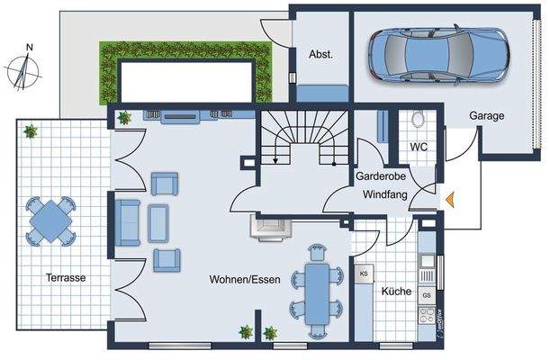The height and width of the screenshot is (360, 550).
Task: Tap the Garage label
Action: [x=486, y=116]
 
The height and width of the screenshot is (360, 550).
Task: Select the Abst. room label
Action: [x=321, y=54]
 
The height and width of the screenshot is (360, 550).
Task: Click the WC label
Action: [x=419, y=147]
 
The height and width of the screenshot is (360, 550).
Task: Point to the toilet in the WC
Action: [x=417, y=121]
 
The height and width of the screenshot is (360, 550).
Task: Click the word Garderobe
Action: [x=378, y=177]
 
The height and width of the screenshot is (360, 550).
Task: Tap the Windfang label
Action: [x=386, y=193]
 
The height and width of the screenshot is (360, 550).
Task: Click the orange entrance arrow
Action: [x=450, y=201]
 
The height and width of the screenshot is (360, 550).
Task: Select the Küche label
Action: [x=396, y=292]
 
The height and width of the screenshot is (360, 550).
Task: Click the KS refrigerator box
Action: [x=365, y=273]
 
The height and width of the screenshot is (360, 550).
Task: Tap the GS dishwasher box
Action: [x=427, y=295]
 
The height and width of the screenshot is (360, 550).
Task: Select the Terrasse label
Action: [x=67, y=278]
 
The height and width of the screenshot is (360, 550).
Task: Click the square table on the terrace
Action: [x=51, y=219]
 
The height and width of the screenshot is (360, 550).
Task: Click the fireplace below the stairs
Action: [x=269, y=229]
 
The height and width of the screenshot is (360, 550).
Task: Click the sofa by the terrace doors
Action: [x=126, y=222]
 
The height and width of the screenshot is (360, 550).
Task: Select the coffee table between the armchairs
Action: [x=158, y=222]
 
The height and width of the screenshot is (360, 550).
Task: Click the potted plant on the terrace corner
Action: [x=31, y=131]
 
